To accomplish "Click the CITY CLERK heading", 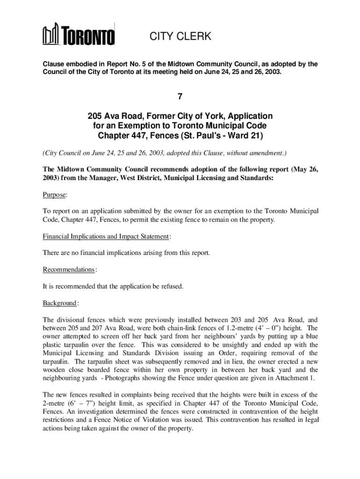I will click(180, 36).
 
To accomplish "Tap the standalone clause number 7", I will click(180, 97).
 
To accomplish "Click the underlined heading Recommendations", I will click(69, 270).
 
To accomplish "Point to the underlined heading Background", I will click(60, 303).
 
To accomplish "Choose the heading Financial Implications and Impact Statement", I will click(106, 237).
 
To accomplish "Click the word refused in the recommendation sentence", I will click(173, 286).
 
